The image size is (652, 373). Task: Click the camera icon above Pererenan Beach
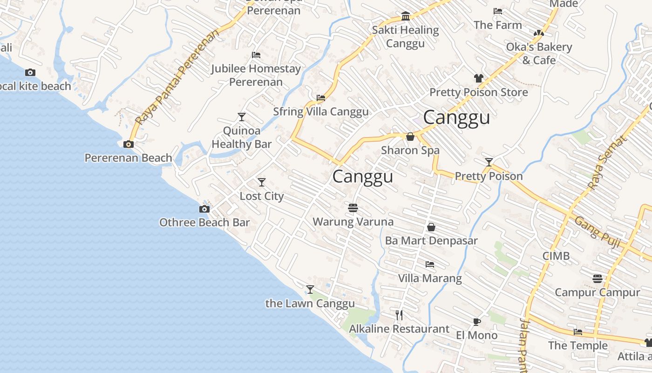pos(129,145)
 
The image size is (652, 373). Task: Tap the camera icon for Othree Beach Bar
pos(204,209)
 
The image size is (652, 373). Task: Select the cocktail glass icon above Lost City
pos(262,182)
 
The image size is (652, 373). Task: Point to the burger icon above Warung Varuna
pos(353,207)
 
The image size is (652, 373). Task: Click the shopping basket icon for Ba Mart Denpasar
pos(431,227)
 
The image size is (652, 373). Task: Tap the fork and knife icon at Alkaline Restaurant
pos(399,315)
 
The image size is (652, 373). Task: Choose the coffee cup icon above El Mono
pos(476,321)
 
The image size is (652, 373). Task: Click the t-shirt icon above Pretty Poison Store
pos(479,78)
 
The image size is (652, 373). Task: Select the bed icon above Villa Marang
pos(430,264)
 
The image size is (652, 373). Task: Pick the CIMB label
pos(556,256)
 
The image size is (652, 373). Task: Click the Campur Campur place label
pos(598,293)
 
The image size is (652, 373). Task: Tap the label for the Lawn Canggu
pos(310,304)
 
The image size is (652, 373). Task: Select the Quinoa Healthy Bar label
pos(241,138)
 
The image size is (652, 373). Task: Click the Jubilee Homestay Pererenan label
pos(256,75)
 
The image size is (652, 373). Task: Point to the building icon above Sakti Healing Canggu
pos(405,17)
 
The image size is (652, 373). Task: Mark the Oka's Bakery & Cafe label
pos(539,54)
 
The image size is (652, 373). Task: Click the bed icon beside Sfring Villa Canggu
pos(321,98)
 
